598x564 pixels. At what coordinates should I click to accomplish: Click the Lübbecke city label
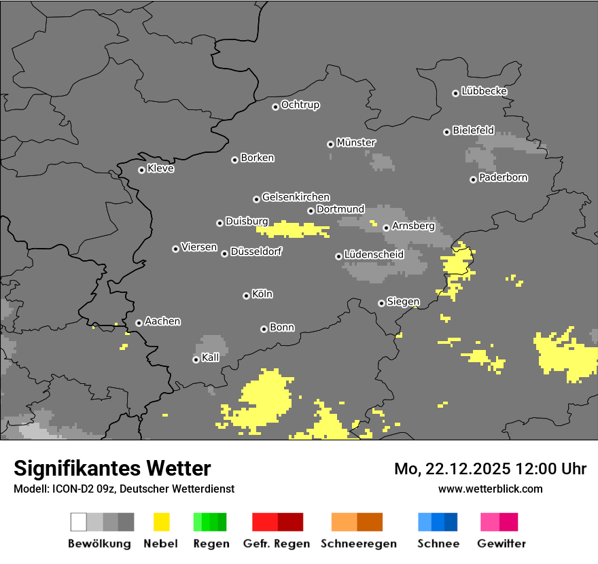tap(484, 91)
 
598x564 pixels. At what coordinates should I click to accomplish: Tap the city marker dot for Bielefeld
tap(447, 132)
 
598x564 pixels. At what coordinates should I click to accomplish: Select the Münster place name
tap(355, 143)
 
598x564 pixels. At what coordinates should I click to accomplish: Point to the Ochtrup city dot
tap(275, 107)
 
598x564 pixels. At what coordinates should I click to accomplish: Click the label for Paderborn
tap(503, 178)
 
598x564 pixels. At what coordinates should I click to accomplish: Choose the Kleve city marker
tap(141, 170)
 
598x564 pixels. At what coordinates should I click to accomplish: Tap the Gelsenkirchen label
tap(296, 198)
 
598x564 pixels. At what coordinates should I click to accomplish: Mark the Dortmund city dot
tap(311, 211)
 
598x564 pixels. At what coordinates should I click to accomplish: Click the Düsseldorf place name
tap(256, 252)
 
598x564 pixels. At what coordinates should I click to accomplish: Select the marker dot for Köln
tap(246, 296)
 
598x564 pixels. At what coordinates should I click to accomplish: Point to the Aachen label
tap(162, 321)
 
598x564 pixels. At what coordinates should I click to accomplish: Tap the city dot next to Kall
tap(196, 359)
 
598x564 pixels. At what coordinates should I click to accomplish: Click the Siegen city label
tap(403, 302)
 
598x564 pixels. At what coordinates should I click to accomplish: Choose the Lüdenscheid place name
tap(374, 255)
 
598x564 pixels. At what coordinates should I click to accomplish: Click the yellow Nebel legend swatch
tap(161, 522)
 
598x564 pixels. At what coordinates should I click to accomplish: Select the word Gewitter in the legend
tap(501, 544)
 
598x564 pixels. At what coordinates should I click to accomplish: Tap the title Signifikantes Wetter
tap(112, 468)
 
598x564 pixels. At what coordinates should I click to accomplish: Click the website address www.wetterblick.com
tap(490, 489)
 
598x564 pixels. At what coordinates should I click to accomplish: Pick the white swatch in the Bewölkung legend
tap(79, 522)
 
